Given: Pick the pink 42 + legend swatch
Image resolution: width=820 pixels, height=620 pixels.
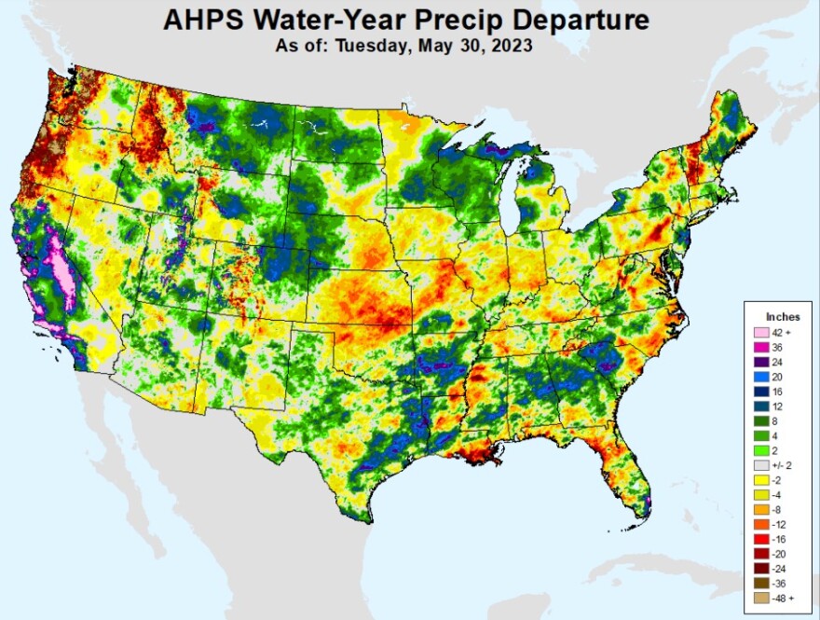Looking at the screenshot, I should (x=759, y=333).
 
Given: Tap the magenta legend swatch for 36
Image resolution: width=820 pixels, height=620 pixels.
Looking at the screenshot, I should (x=759, y=347).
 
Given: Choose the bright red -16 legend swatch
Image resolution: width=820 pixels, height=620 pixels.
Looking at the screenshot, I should (x=759, y=537).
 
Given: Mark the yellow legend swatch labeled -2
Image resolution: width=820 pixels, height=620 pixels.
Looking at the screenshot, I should (x=759, y=478).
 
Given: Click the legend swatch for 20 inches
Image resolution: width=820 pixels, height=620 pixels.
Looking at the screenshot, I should (x=759, y=377).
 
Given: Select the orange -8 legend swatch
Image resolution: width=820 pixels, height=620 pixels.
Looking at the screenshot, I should (x=759, y=507).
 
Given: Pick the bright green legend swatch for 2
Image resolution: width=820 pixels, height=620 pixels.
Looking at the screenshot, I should (x=759, y=449).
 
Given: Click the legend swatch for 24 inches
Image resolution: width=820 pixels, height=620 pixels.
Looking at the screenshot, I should (x=759, y=362).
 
